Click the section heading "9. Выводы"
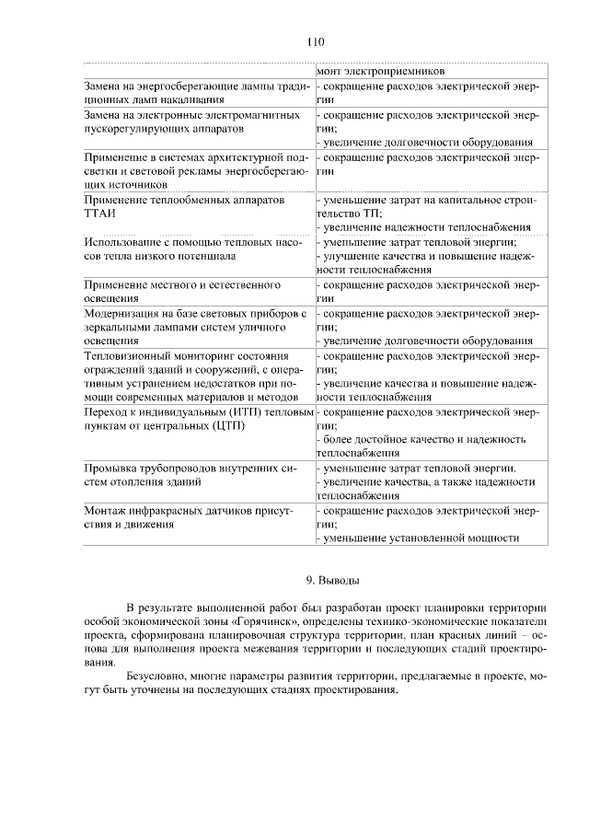(x=332, y=580)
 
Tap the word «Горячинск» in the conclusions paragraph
(x=267, y=621)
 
